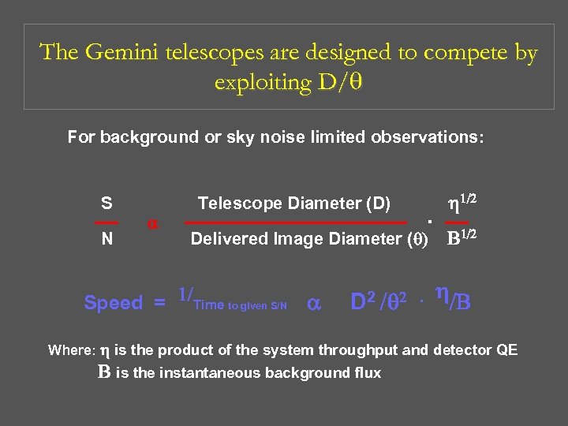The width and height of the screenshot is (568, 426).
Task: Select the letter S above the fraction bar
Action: tap(106, 204)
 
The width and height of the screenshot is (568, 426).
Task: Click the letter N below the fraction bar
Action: tap(106, 239)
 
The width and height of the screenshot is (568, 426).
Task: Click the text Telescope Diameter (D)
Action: tap(294, 204)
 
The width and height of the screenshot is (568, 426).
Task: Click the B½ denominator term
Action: tap(462, 237)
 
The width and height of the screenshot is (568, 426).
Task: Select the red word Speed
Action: tap(114, 303)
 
